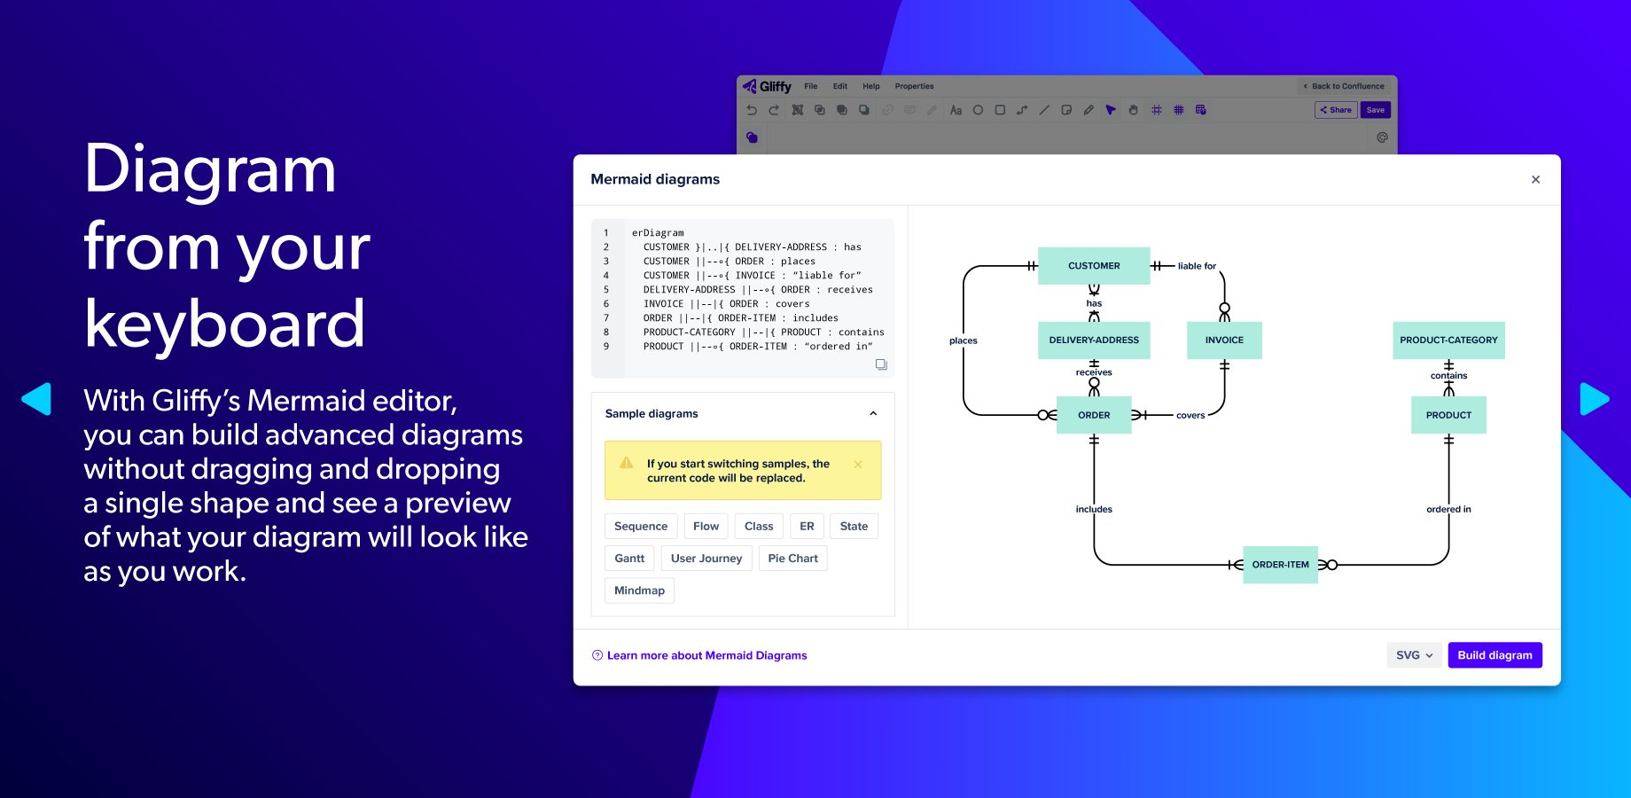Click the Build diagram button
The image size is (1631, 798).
pos(1494,655)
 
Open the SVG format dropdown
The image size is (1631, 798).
pos(1414,655)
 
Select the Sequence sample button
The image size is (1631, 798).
pos(641,526)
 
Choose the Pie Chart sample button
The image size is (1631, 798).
pos(792,559)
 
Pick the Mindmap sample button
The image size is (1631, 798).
pos(639,591)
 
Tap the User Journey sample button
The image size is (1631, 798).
pos(706,559)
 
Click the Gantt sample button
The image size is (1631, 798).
pos(629,559)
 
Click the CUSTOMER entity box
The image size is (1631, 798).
pos(1094,266)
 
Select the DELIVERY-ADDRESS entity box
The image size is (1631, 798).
pos(1094,340)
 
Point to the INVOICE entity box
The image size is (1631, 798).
pos(1224,340)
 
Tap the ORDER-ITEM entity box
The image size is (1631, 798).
pos(1280,565)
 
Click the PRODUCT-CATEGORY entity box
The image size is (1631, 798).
pos(1448,340)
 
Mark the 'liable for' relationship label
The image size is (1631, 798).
pos(1197,266)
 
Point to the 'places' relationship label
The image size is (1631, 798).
pos(964,340)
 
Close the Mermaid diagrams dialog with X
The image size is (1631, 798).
pos(1535,179)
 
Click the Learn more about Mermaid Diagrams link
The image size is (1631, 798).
pos(706,655)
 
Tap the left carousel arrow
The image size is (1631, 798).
pos(37,399)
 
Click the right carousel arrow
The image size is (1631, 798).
pos(1593,399)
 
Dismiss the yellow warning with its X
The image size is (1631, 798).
pos(858,465)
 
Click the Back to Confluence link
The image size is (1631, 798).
pos(1345,86)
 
